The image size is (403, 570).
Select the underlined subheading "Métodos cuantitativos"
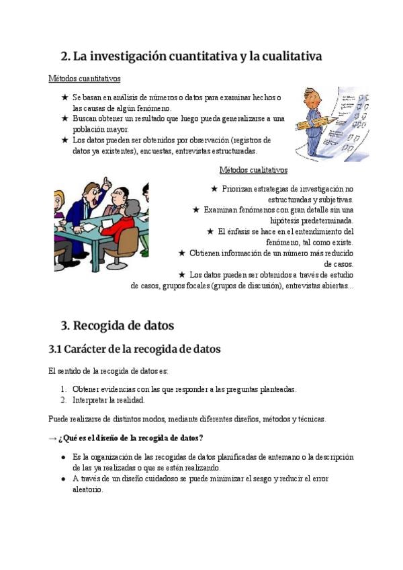click(x=85, y=79)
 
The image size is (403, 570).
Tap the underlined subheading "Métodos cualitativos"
click(x=253, y=170)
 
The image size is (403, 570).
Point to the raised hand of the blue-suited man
click(x=105, y=183)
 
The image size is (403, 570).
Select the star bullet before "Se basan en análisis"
click(x=64, y=97)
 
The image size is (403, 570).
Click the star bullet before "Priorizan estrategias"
click(x=214, y=189)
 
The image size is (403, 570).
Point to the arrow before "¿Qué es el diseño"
click(x=53, y=438)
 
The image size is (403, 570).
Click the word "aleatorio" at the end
click(x=87, y=489)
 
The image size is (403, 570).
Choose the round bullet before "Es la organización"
click(x=63, y=457)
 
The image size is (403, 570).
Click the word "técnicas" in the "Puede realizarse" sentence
click(x=308, y=419)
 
